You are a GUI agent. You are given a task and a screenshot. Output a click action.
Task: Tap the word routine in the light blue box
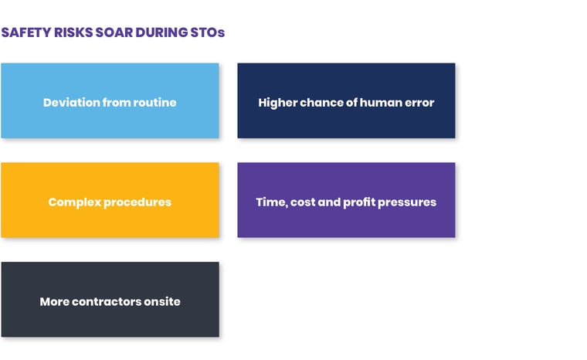pos(154,102)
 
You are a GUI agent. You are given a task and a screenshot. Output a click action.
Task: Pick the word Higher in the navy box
pos(277,102)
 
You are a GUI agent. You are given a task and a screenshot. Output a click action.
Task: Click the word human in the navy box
pos(376,102)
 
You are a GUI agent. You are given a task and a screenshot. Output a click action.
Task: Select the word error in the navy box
pos(419,102)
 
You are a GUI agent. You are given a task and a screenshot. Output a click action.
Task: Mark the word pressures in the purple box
pos(410,202)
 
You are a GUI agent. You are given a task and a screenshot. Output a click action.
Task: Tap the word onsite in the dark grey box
pos(162,301)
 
